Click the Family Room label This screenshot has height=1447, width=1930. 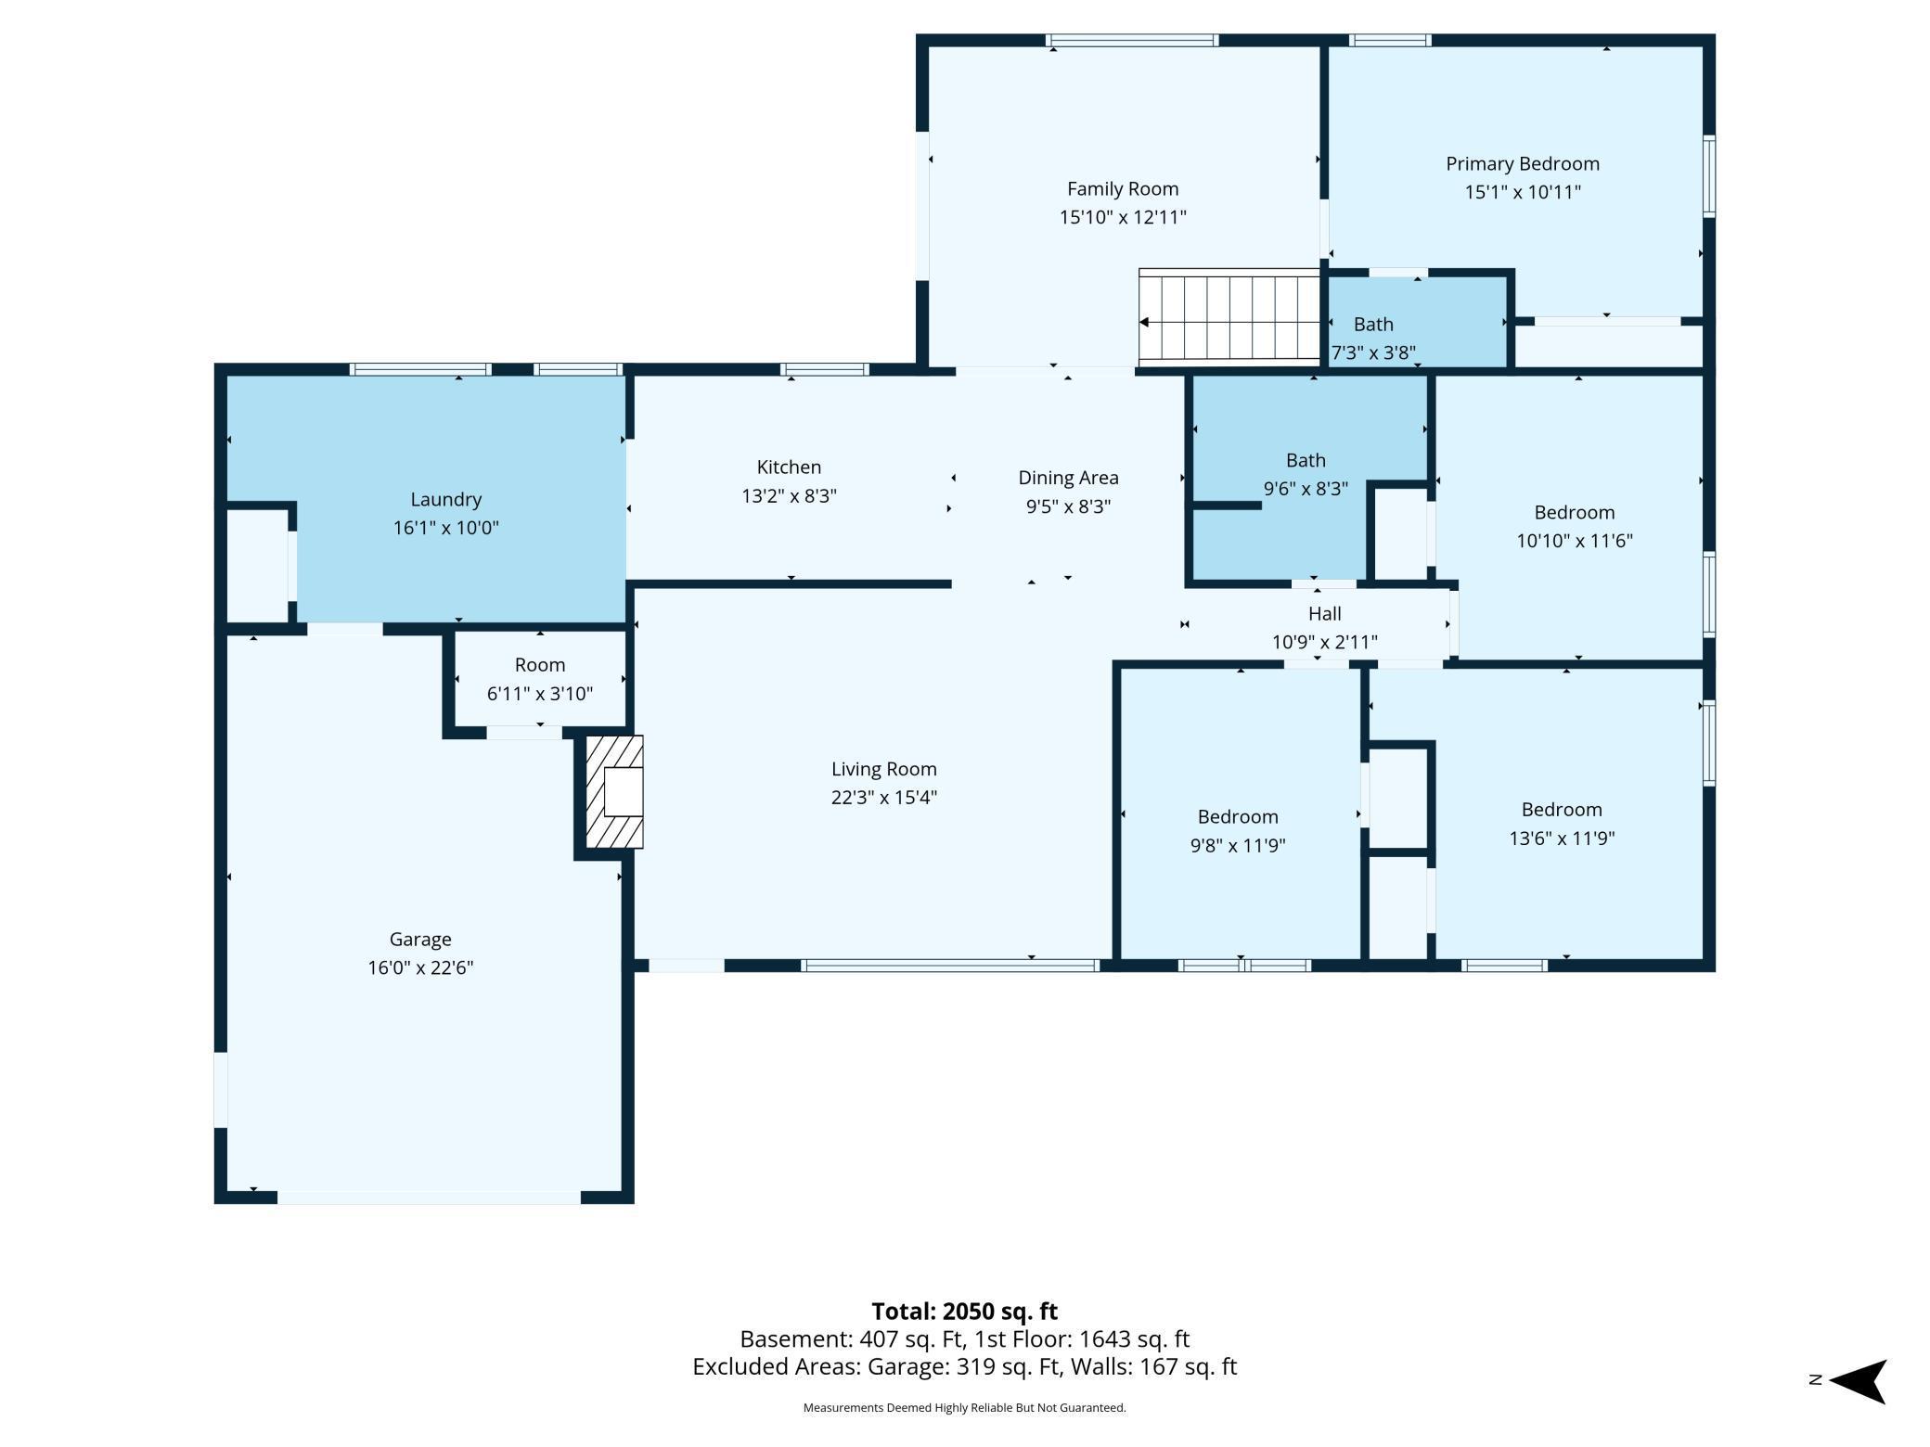pos(1122,189)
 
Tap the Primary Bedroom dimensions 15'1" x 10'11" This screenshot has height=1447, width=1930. pos(1522,193)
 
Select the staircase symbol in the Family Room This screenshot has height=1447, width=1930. pos(1229,316)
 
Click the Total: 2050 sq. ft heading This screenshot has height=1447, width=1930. pos(964,1311)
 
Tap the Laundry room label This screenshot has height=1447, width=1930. pos(445,499)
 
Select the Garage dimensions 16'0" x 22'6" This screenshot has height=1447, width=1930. pos(420,967)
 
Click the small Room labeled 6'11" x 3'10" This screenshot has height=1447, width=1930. pos(539,678)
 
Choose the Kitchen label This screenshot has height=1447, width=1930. pos(789,467)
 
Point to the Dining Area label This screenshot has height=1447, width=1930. pos(1068,478)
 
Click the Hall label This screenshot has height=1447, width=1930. pos(1324,613)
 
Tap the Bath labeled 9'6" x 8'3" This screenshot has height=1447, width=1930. pos(1306,474)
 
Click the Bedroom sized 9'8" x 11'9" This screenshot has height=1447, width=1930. pos(1238,830)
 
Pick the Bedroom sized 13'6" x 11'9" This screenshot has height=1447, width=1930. pos(1562,823)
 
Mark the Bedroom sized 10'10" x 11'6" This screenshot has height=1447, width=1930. pos(1574,526)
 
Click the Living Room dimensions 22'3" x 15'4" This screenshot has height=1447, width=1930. pos(883,798)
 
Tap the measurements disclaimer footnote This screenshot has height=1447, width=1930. pos(964,1407)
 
